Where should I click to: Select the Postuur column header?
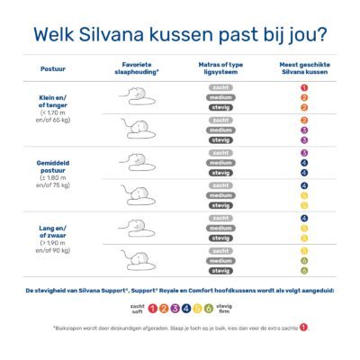click(x=52, y=68)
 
